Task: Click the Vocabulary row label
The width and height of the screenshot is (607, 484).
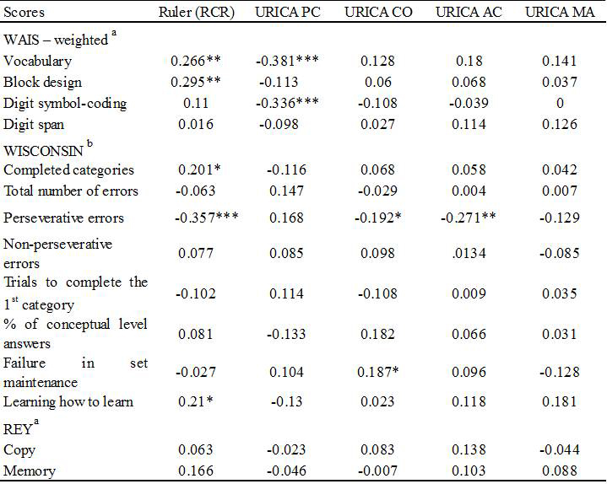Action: [38, 61]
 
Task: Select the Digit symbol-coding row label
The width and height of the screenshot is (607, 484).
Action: [65, 104]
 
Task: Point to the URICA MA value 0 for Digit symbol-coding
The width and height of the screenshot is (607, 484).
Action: [560, 104]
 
